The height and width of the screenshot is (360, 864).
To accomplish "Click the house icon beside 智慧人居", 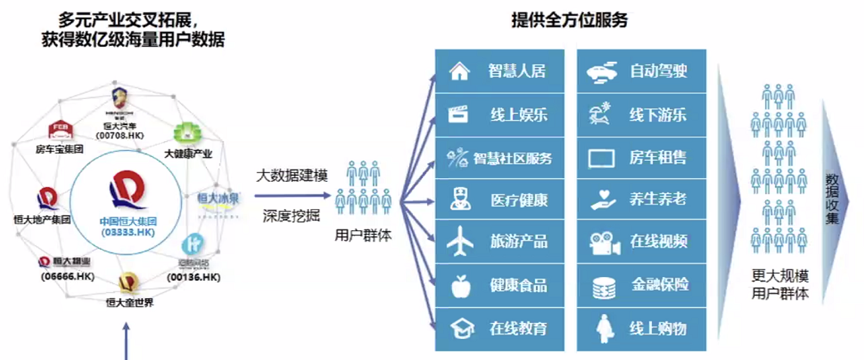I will (x=459, y=72).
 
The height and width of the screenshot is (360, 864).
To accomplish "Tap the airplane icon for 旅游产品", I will (x=459, y=243).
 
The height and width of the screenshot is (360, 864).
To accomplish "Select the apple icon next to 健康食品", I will (x=459, y=286).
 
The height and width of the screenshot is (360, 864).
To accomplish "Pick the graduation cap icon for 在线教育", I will (x=459, y=328).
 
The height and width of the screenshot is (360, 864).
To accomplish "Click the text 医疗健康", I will (x=518, y=201).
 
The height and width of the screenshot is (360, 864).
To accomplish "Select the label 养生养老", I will (x=658, y=201).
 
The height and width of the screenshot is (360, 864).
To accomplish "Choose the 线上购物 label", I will (x=658, y=328).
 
